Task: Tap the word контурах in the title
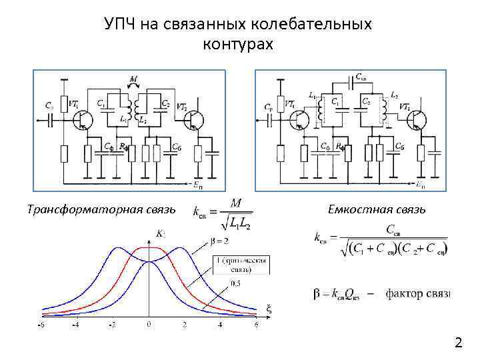[x=237, y=44]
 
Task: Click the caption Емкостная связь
[x=376, y=210]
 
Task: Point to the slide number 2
[x=458, y=343]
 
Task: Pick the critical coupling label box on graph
[x=241, y=265]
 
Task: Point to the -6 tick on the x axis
[x=42, y=325]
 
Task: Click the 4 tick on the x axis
[x=220, y=325]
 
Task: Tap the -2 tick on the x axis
[x=112, y=325]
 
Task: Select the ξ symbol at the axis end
[x=269, y=309]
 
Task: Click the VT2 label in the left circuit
[x=181, y=105]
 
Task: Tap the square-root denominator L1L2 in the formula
[x=237, y=219]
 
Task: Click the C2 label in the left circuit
[x=165, y=104]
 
